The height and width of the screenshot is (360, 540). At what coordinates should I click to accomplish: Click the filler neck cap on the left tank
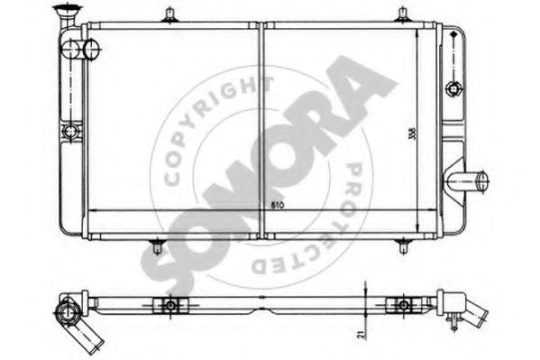[x=65, y=11]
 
